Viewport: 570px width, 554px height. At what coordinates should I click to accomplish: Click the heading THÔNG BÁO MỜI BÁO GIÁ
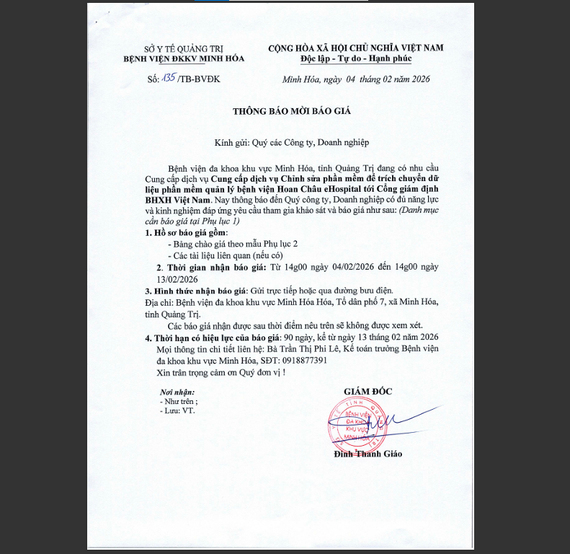285,112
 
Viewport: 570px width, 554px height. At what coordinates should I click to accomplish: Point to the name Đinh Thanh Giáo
368,454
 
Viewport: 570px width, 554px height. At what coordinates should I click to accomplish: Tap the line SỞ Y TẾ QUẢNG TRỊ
165,47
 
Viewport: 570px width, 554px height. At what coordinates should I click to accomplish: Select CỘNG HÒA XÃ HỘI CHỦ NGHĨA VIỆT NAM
356,47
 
